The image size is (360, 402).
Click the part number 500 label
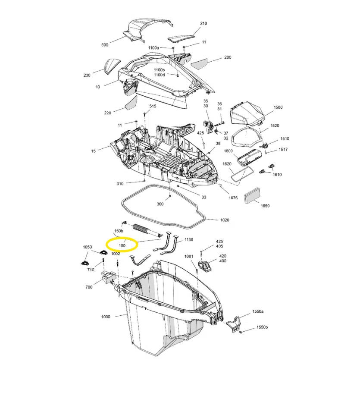coord(105,45)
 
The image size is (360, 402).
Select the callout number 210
coord(203,23)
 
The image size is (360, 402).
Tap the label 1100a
coord(153,48)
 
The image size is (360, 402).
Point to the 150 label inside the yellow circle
coord(122,245)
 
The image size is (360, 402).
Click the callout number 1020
coord(225,220)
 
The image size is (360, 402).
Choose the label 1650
coord(265,206)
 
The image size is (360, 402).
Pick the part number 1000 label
coord(106,317)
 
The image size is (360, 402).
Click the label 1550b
coord(263,327)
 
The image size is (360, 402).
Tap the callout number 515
coord(153,106)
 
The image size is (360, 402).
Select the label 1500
coord(278,107)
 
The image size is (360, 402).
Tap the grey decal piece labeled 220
coord(131,104)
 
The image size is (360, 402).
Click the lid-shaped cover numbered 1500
coord(246,114)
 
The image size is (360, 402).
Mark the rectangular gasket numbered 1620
coord(241,174)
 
